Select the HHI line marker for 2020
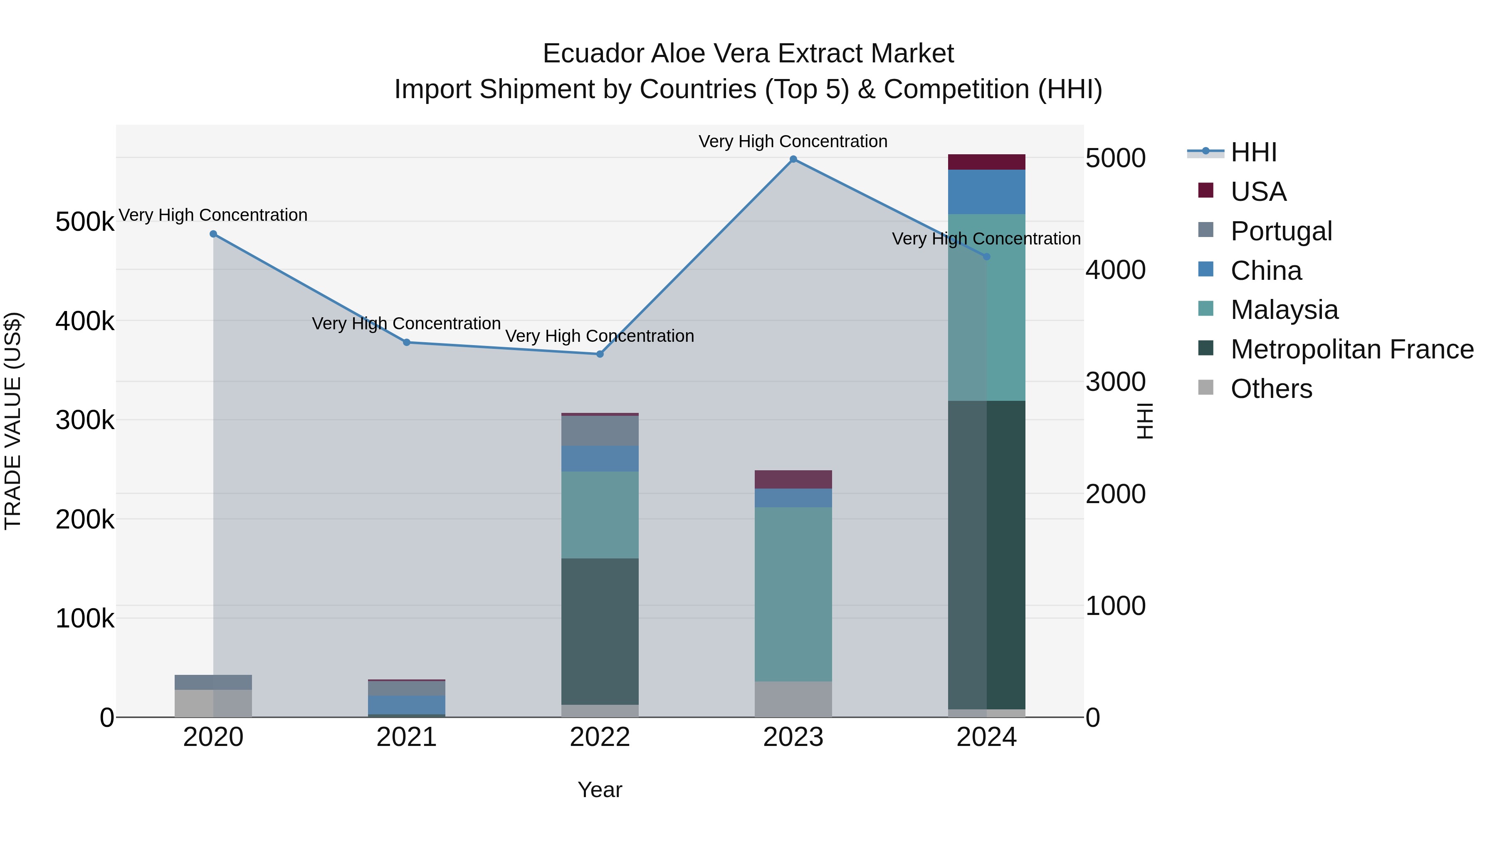click(x=213, y=234)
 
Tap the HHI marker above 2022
click(x=600, y=354)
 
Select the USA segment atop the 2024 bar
click(x=986, y=162)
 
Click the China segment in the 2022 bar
click(x=600, y=459)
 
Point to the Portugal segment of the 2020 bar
click(x=213, y=682)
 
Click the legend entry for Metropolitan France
click(x=1352, y=349)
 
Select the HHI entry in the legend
click(x=1253, y=152)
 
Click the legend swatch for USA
click(x=1206, y=190)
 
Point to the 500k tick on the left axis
click(x=85, y=222)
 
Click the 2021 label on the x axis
click(x=406, y=737)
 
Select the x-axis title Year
click(x=600, y=790)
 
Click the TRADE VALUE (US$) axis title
click(x=13, y=421)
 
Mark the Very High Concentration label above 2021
click(x=406, y=323)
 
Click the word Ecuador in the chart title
click(x=592, y=54)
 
